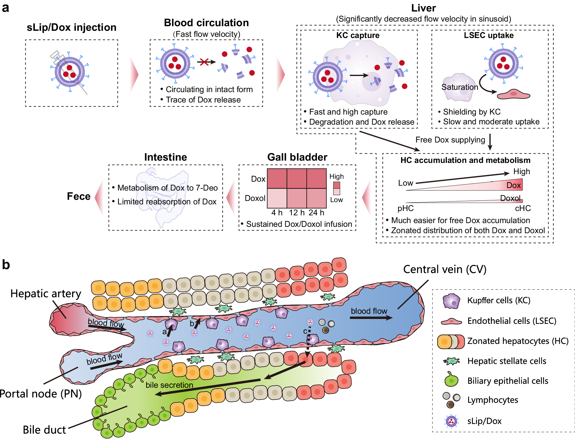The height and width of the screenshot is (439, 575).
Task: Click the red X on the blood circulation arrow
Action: [204, 62]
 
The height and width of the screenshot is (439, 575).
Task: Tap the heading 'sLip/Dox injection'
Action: [71, 27]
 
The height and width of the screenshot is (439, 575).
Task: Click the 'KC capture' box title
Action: [358, 35]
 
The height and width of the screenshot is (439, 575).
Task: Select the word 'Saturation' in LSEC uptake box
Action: [460, 87]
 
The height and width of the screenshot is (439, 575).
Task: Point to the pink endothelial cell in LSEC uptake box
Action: [513, 94]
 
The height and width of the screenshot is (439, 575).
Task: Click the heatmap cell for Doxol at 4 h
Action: [277, 198]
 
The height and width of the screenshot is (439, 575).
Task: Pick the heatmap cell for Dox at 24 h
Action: [316, 178]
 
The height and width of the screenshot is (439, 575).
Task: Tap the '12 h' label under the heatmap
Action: [297, 213]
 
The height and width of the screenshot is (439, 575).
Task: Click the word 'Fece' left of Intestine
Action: [79, 196]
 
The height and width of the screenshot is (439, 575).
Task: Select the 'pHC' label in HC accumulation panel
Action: [405, 208]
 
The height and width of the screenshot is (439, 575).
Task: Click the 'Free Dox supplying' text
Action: [450, 140]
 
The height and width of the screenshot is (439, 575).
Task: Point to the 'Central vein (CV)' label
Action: [445, 269]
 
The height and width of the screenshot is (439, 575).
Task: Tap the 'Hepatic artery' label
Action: [46, 294]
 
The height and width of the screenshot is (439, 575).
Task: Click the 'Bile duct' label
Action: [44, 430]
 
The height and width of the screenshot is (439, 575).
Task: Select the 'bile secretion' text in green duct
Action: [169, 385]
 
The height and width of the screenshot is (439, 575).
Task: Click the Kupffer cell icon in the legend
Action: [451, 301]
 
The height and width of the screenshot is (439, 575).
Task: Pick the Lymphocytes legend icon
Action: [451, 400]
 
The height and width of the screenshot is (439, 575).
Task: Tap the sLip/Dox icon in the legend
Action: [451, 421]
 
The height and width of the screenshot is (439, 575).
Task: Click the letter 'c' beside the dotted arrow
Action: [305, 331]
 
